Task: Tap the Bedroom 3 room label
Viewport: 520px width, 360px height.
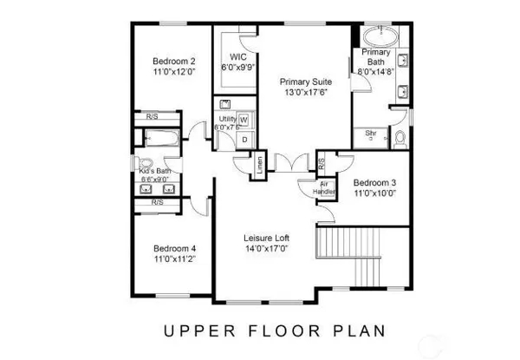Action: coord(375,182)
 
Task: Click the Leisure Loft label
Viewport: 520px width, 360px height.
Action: coord(266,238)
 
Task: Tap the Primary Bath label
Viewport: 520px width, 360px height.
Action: coord(376,57)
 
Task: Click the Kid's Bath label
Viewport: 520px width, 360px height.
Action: coord(157,172)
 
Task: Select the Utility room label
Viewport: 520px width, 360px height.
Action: coord(227,118)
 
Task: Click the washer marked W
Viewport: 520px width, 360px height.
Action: coord(244,119)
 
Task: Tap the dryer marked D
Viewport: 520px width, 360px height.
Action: coord(244,139)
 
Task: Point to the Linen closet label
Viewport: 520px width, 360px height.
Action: coord(258,164)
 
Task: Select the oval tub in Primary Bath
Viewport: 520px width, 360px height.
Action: coord(379,37)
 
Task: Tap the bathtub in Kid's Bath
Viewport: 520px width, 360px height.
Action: coord(162,137)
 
